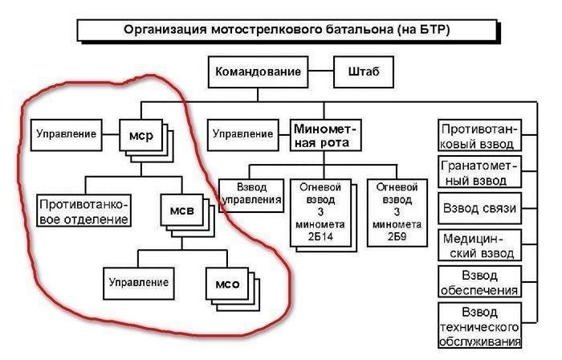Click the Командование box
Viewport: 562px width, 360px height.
tap(259, 73)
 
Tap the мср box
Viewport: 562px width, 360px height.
tap(140, 135)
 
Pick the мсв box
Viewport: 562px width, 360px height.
tap(181, 211)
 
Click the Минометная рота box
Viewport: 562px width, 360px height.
tap(325, 135)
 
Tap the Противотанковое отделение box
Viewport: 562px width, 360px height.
tap(84, 210)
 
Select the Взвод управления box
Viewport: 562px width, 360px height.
tap(250, 194)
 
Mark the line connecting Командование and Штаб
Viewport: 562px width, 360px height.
tap(321, 73)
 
